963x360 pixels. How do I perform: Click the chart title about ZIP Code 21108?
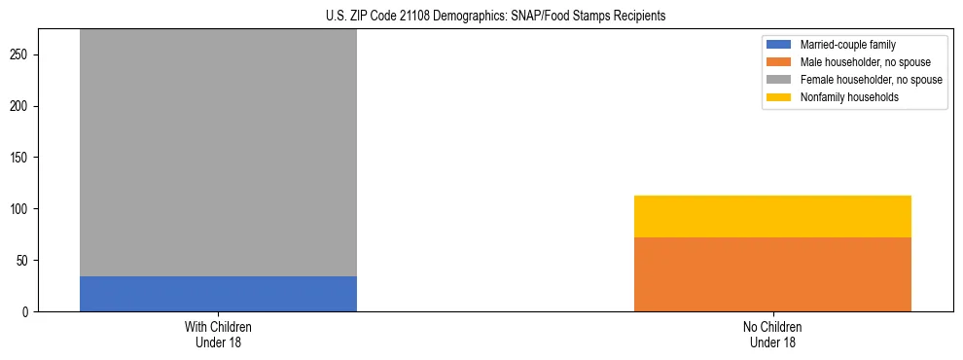point(482,17)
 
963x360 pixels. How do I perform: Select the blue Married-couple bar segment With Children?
point(218,294)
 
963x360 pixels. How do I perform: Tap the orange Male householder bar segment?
point(772,274)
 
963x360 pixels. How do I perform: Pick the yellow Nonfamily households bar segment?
point(772,216)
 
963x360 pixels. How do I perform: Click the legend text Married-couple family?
point(847,45)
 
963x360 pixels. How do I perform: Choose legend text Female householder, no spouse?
point(871,80)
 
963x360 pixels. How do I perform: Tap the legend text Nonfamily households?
point(849,97)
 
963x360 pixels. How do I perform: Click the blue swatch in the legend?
point(780,45)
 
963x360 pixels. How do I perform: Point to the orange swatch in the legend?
point(780,62)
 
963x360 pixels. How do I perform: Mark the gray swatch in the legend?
point(780,80)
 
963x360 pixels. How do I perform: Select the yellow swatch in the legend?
point(780,97)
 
